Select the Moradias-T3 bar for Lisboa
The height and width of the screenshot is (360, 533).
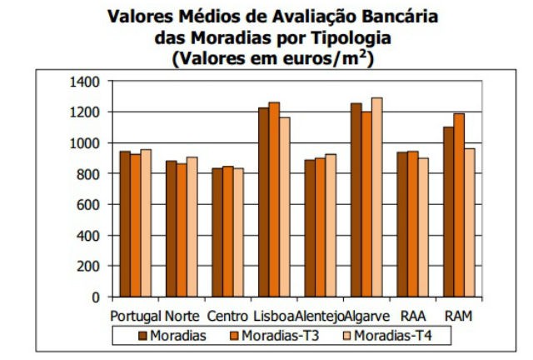click(274, 199)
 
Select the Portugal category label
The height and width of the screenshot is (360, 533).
click(136, 317)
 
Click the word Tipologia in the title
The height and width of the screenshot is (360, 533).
click(336, 37)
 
